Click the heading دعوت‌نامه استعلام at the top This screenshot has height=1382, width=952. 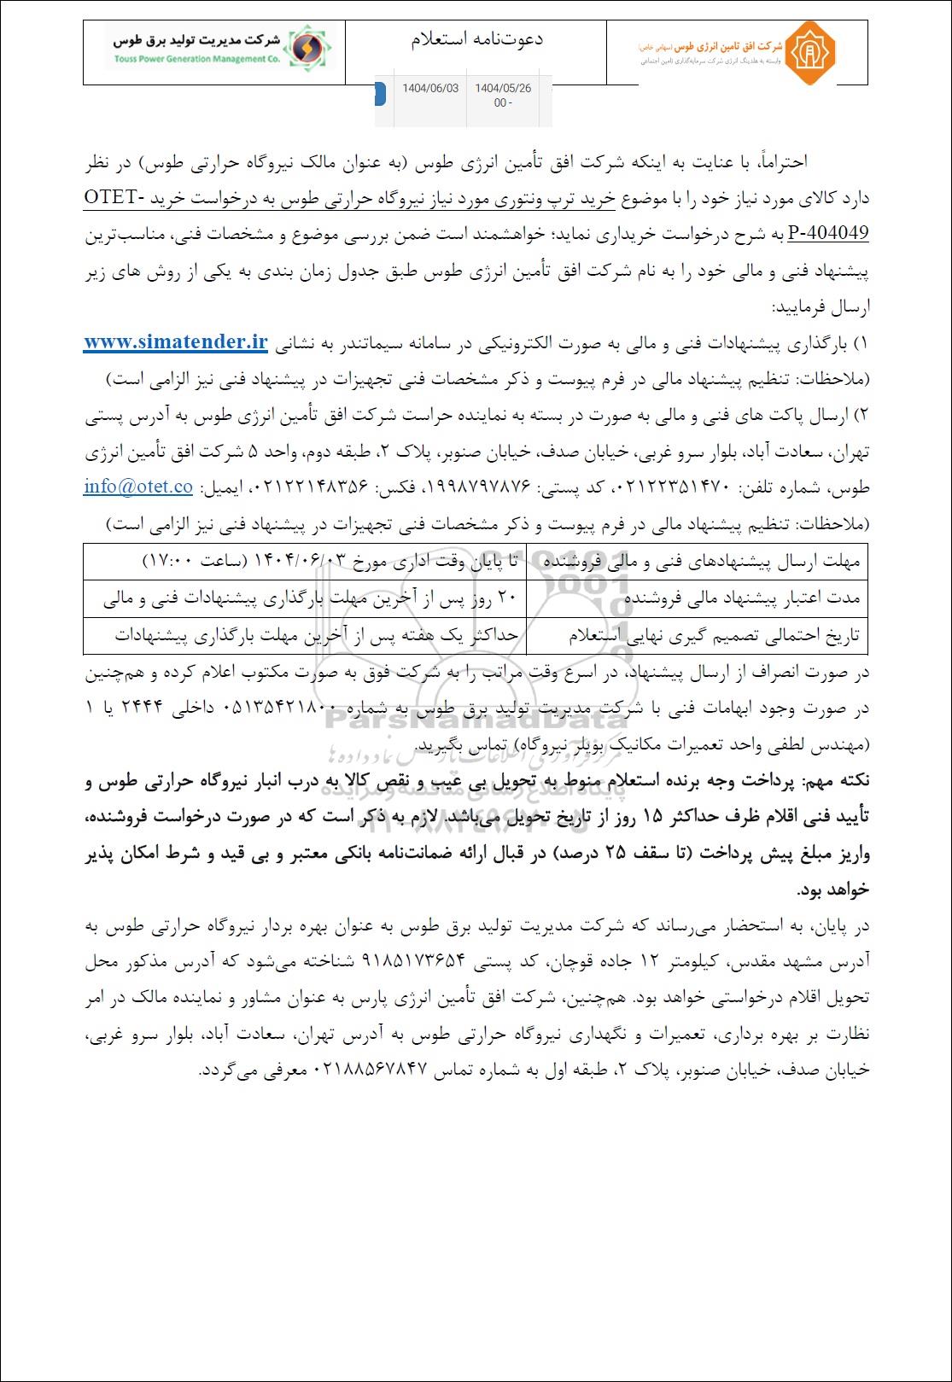coord(476,39)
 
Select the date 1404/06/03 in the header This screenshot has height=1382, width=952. coord(430,89)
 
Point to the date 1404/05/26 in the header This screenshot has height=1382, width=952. coord(503,89)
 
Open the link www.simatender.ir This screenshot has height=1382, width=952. coord(176,342)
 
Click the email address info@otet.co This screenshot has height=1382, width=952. coord(138,487)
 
